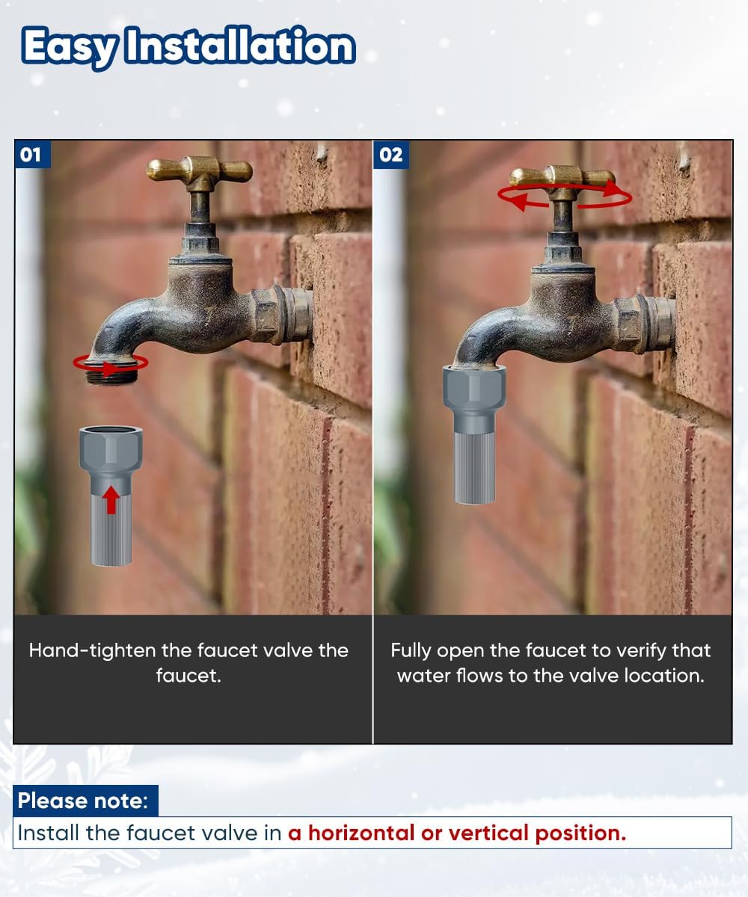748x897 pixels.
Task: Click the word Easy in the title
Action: [x=70, y=47]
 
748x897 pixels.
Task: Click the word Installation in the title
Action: [x=240, y=44]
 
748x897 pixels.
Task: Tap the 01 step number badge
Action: [x=32, y=155]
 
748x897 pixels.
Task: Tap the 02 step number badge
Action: [x=391, y=155]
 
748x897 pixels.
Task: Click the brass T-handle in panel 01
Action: [x=199, y=171]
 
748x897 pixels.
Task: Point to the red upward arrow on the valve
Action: [x=111, y=499]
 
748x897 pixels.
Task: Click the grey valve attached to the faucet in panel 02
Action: [x=474, y=434]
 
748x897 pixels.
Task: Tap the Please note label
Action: [x=82, y=801]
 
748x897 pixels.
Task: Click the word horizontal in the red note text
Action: [x=361, y=833]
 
